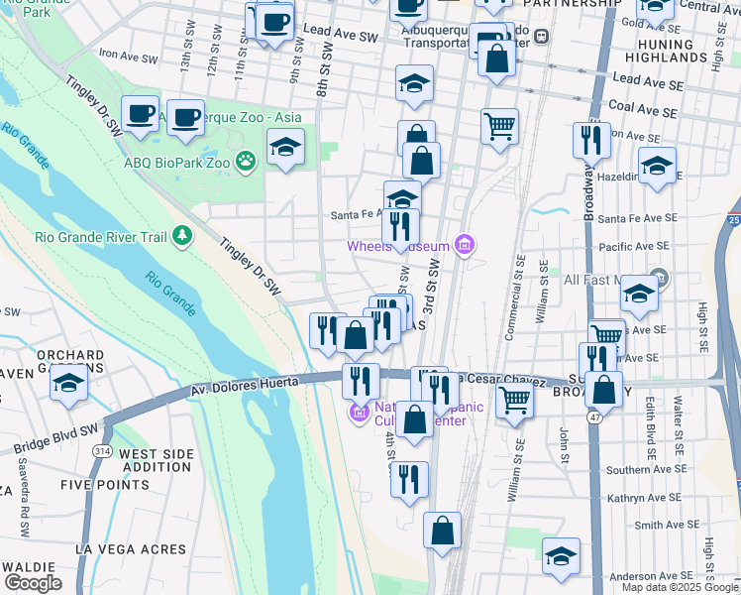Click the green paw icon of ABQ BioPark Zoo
(x=246, y=161)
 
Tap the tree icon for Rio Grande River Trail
(x=181, y=235)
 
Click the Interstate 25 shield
(x=733, y=218)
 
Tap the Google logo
(x=32, y=583)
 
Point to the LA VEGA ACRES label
(x=130, y=549)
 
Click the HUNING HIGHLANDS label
(x=680, y=52)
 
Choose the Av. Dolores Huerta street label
(x=245, y=385)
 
